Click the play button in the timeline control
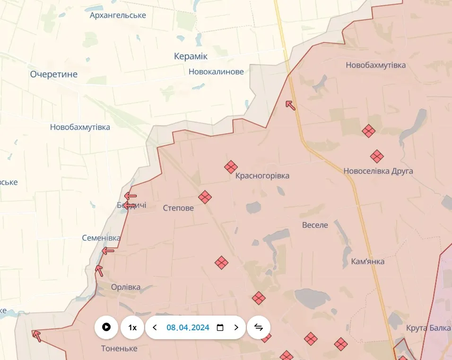[x=106, y=327]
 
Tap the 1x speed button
[x=132, y=327]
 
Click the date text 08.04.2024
[x=188, y=327]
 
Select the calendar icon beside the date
[x=220, y=327]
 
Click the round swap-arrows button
[x=259, y=327]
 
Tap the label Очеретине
[x=54, y=74]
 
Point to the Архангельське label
[x=118, y=15]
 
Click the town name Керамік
[x=191, y=56]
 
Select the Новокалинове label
[x=216, y=72]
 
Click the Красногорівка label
[x=262, y=176]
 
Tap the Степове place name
[x=178, y=208]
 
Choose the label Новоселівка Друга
[x=378, y=171]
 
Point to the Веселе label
[x=315, y=225]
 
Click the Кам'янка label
[x=368, y=261]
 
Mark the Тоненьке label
[x=119, y=349]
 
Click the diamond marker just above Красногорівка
[x=231, y=166]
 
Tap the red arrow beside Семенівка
[x=109, y=250]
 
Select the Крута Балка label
[x=428, y=328]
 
